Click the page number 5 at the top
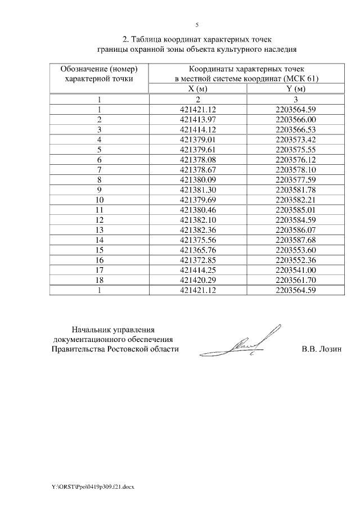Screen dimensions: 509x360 pos(197,25)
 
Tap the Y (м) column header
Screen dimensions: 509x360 pos(296,89)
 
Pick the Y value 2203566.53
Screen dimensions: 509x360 pos(296,129)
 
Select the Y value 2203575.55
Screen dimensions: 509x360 pos(296,149)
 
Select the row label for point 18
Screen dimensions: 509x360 pos(99,280)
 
